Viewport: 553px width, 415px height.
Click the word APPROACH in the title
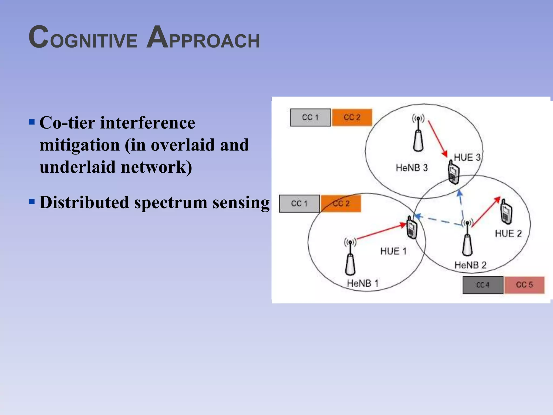203,38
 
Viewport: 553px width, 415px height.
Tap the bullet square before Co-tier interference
32,122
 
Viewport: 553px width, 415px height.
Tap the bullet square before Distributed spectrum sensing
32,202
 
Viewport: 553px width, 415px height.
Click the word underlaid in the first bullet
78,167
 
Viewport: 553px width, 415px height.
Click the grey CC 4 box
483,285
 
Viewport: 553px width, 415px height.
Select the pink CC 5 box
524,285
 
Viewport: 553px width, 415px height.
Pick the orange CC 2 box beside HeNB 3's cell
352,117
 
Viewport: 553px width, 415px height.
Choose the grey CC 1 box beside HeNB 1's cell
299,203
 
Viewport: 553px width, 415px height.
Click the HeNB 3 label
412,168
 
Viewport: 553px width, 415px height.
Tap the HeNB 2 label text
470,265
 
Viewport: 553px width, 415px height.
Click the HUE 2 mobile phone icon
506,212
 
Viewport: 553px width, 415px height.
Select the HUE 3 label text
467,158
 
